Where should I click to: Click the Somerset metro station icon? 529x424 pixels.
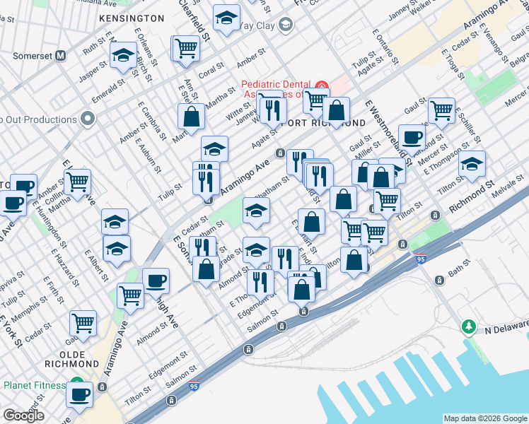61,55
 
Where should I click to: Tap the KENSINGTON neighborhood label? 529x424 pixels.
132,18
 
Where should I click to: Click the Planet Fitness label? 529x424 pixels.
34,386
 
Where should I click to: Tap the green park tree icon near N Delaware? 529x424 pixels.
467,326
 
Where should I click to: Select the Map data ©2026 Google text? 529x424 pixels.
485,418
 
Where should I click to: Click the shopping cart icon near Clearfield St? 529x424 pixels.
186,48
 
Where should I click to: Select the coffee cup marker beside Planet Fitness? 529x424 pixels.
79,393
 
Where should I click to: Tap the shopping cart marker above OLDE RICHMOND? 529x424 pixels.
83,322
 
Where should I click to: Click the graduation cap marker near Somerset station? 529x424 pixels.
123,55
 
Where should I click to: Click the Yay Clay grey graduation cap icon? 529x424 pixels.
285,26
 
